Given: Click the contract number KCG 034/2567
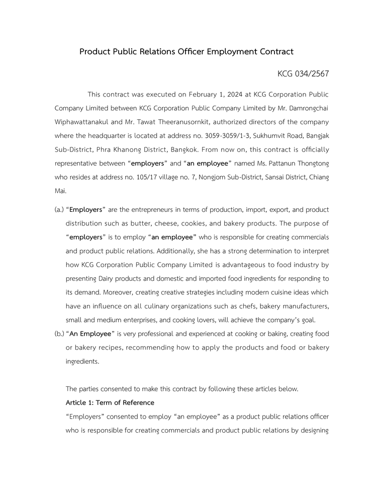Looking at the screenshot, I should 303,74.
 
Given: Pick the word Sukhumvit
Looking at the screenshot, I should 272,136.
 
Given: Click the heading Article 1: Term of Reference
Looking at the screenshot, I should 110,403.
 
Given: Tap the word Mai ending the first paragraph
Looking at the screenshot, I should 60,191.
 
